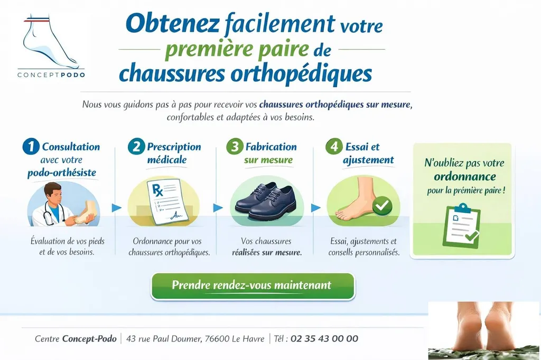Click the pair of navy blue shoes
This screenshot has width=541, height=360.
(x=264, y=201)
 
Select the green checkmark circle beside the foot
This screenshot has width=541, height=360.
(x=381, y=206)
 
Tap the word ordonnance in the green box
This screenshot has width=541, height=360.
(x=464, y=176)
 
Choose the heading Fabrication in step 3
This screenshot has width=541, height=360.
(x=271, y=147)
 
